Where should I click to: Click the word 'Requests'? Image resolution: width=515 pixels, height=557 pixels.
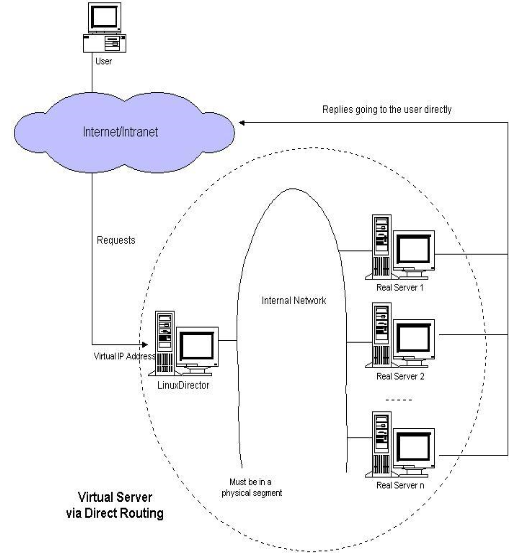[116, 240]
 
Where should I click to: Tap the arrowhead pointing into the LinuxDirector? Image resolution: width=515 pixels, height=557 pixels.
[149, 341]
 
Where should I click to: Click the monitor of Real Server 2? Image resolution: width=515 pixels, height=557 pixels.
[414, 339]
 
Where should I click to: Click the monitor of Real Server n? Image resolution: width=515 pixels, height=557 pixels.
[414, 446]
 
